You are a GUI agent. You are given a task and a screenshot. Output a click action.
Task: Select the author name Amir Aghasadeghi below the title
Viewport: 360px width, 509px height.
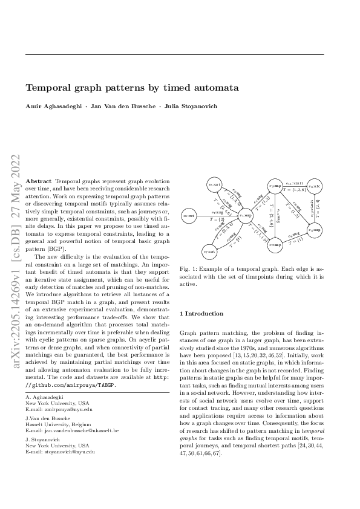[x=51, y=106]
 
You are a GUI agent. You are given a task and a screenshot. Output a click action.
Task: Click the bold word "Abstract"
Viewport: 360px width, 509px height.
[x=39, y=181]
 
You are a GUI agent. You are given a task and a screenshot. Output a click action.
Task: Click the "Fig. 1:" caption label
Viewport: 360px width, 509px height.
[x=189, y=267]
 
